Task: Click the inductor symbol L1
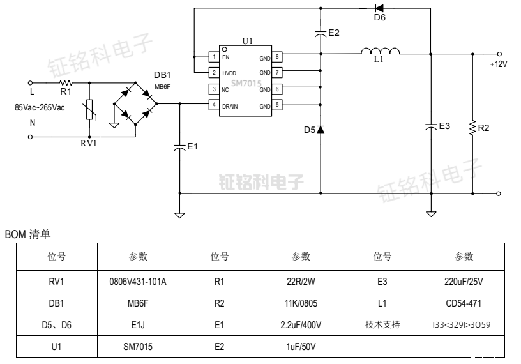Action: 380,51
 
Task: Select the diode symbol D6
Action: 379,8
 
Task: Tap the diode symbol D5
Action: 321,130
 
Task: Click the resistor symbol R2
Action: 472,128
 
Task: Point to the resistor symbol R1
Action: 66,83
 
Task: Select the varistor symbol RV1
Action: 89,110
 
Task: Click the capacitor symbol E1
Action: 179,147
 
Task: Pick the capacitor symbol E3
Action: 431,126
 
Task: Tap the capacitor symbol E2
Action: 321,33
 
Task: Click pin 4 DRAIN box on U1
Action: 215,105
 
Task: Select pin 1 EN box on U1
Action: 215,57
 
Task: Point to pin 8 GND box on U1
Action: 278,57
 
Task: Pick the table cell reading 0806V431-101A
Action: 139,281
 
